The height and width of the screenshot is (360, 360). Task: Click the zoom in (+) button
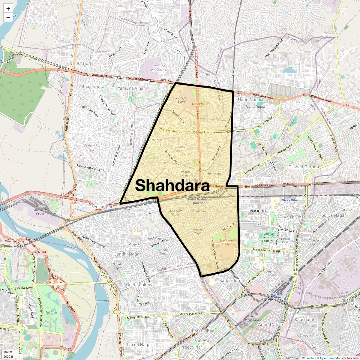(8, 9)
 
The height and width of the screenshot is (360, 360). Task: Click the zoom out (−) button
(8, 17)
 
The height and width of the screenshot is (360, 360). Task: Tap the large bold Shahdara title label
(172, 186)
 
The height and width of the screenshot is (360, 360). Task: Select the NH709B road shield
(198, 104)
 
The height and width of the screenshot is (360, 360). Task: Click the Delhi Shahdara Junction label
(199, 201)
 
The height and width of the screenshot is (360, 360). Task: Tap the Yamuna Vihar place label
(131, 88)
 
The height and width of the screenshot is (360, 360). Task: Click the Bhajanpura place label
(93, 86)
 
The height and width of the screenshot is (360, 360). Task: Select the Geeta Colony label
(139, 284)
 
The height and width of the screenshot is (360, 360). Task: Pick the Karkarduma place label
(232, 280)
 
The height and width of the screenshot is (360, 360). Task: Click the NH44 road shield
(42, 252)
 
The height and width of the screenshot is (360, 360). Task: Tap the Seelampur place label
(102, 207)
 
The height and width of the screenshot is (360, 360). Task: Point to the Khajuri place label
(84, 63)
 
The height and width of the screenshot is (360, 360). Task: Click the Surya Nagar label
(334, 215)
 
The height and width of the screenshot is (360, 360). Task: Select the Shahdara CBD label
(226, 242)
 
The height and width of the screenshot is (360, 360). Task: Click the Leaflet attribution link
(310, 358)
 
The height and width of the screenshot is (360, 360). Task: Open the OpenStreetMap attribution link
(331, 358)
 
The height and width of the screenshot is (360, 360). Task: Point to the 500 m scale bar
(8, 352)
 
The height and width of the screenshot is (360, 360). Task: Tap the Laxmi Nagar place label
(139, 345)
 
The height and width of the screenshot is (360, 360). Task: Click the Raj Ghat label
(51, 312)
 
